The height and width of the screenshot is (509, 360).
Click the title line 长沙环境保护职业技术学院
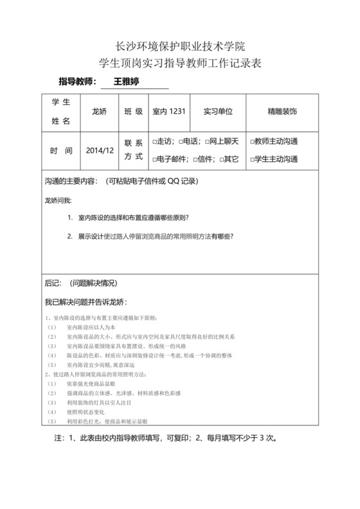coord(179,46)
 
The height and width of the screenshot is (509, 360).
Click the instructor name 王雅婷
coord(126,82)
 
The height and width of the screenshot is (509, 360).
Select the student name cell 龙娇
coord(100,111)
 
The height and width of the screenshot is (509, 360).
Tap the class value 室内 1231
coord(168,111)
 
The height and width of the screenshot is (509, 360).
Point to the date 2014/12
coord(100,150)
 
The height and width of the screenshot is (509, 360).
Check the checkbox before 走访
coord(154,141)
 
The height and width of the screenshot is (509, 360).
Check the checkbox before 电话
coord(181,141)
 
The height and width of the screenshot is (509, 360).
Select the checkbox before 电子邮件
coord(154,159)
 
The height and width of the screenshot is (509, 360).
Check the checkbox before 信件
coord(195,159)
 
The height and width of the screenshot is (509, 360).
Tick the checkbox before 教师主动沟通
coord(251,141)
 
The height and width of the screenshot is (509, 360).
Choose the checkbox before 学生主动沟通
coord(251,159)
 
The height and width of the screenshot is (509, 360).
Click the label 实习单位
coord(217,111)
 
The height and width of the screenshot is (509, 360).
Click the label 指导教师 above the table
coord(78,82)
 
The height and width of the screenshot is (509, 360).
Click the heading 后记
coord(53,283)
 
